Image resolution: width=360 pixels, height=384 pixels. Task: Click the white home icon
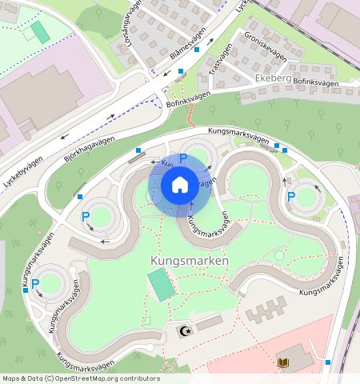click(180, 186)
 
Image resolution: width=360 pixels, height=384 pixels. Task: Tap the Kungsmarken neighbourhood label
click(189, 261)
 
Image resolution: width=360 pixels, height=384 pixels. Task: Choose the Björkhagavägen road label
click(89, 150)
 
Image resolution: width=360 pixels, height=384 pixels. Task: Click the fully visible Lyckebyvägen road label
click(24, 170)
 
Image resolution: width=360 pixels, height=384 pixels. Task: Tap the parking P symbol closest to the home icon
click(183, 158)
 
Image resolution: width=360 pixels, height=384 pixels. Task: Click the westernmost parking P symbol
click(86, 216)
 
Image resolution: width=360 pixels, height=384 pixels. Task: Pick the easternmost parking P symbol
click(291, 196)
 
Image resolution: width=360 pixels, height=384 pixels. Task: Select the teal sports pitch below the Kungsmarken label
click(162, 286)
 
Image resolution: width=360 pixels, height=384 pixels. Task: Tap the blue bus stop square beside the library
click(328, 362)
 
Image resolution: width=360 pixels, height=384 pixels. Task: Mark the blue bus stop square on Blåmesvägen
click(182, 72)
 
